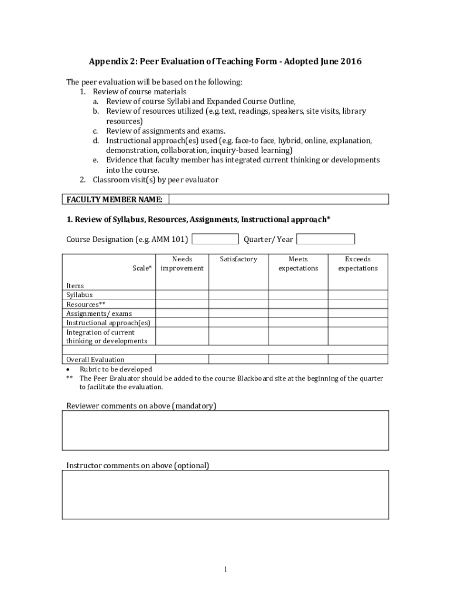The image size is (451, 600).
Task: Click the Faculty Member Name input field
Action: pos(279,199)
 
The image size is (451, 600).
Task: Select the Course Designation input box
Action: pos(215,239)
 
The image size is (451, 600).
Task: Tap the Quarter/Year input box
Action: pos(326,239)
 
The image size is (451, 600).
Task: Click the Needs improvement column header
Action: pos(182,264)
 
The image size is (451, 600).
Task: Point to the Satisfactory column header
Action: pos(238,259)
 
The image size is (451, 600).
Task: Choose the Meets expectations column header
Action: pos(298,264)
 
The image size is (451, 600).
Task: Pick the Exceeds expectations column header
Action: pos(358,264)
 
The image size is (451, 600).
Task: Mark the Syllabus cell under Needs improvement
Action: pos(182,295)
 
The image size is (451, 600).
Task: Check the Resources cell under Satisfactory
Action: pos(238,304)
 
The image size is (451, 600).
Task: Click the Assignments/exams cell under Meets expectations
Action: pos(298,313)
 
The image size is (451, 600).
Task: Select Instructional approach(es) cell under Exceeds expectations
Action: pos(358,322)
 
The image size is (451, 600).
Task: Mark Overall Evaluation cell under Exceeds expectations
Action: pos(358,359)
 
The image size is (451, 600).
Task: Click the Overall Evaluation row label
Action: pos(95,359)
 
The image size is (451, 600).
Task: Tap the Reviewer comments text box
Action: pos(225,430)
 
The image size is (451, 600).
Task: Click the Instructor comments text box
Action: pos(225,495)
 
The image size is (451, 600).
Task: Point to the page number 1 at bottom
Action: pos(225,569)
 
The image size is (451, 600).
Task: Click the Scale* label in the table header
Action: pos(142,268)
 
